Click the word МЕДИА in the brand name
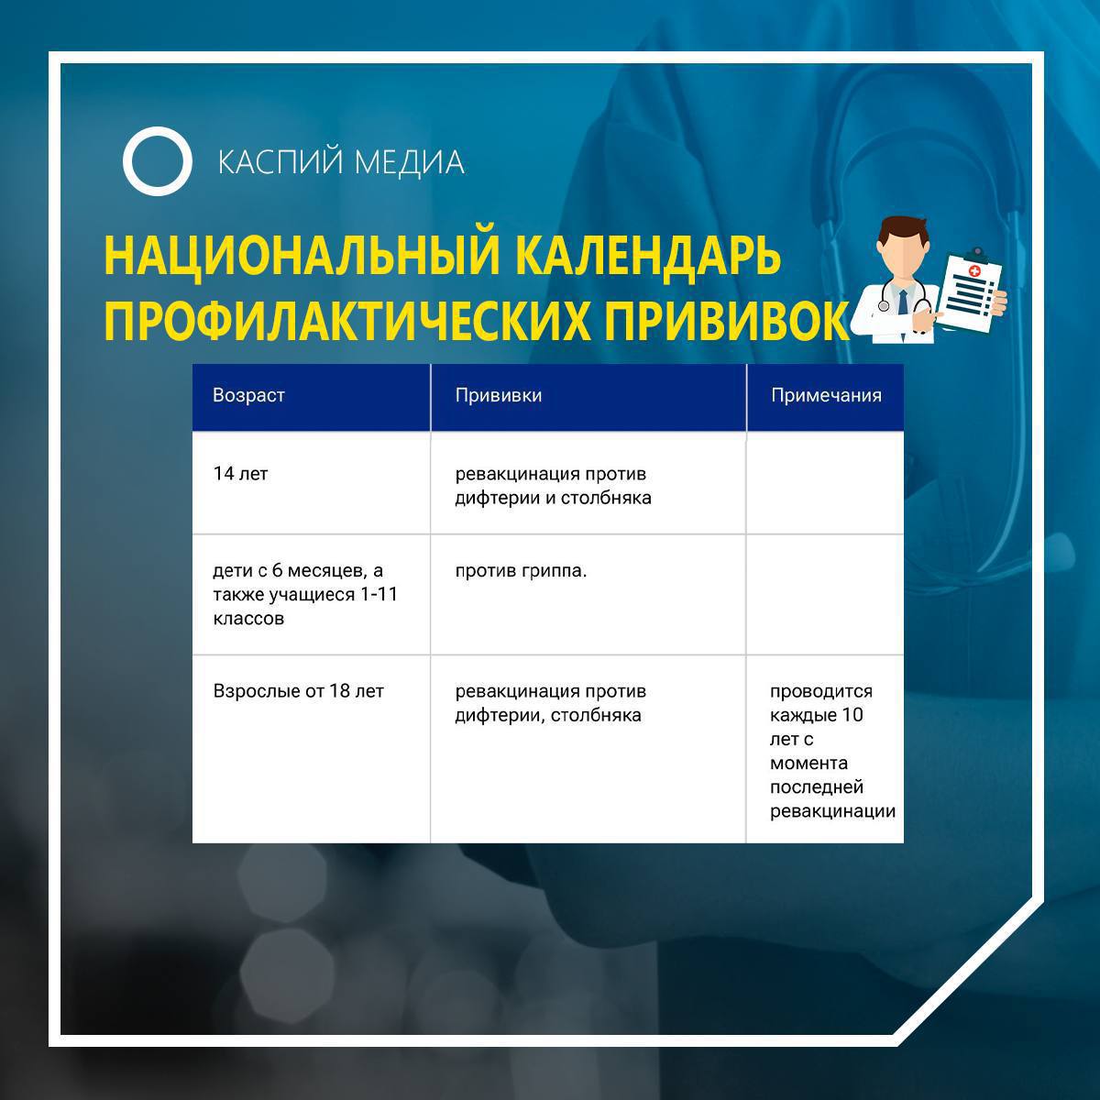(x=409, y=162)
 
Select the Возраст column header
(x=248, y=395)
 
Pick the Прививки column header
(x=499, y=395)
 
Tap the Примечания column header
(x=826, y=395)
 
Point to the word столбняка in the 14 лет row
(x=606, y=498)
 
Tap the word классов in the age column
(x=248, y=619)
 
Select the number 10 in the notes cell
(x=852, y=715)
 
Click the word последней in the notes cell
(x=817, y=787)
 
